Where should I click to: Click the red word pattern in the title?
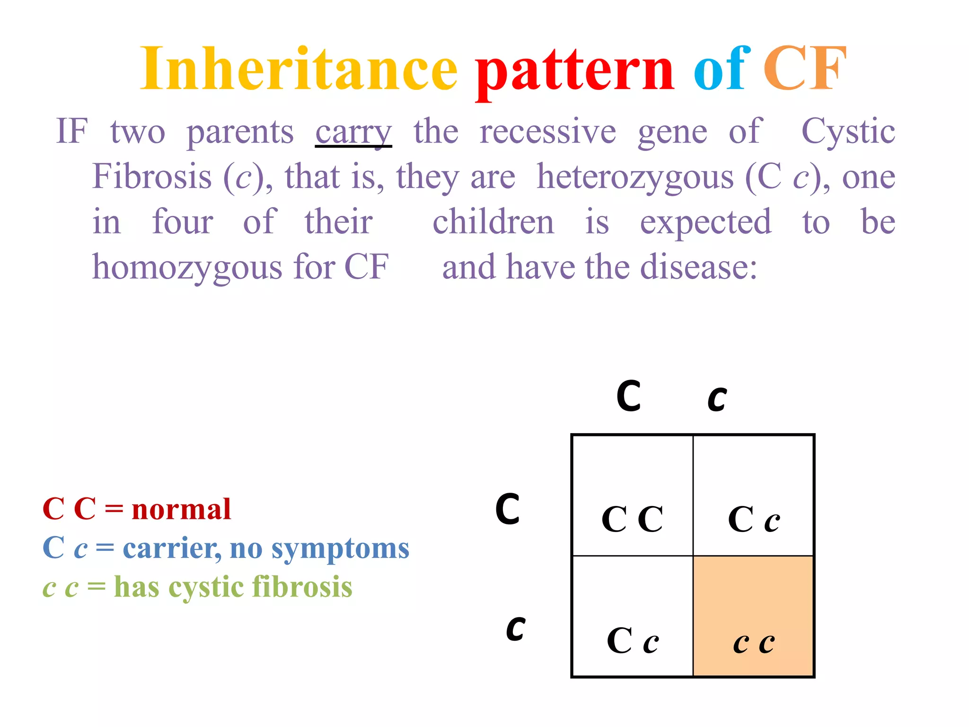pos(574,71)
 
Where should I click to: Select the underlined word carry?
pos(353,133)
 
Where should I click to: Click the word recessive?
pos(547,132)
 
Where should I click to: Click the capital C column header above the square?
pos(629,396)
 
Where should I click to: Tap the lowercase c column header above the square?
pos(717,399)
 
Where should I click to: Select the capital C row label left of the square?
pos(508,509)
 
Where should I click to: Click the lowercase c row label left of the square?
pos(515,629)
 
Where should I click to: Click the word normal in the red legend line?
pos(181,510)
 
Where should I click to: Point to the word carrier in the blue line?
pos(171,549)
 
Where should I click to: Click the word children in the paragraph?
pos(493,222)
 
